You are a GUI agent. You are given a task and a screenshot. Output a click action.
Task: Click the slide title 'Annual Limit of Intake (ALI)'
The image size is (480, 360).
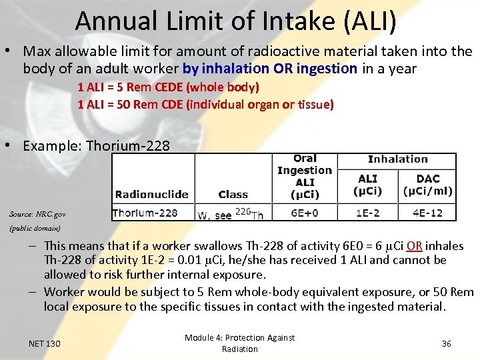click(236, 21)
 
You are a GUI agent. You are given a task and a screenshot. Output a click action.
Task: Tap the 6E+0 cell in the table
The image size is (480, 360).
click(305, 213)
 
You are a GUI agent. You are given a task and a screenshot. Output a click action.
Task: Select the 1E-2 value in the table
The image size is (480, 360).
click(368, 213)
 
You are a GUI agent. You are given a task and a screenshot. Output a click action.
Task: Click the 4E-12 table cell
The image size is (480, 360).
click(427, 213)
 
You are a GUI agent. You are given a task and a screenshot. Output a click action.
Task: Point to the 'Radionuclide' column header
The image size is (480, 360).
click(151, 194)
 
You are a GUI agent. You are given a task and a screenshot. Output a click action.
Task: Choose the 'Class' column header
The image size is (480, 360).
click(233, 194)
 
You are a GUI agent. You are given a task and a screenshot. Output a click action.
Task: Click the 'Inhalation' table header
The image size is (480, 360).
click(397, 159)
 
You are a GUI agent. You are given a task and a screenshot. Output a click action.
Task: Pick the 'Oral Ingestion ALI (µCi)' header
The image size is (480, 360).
click(305, 177)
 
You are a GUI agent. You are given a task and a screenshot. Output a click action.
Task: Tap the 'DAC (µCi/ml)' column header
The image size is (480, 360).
click(427, 185)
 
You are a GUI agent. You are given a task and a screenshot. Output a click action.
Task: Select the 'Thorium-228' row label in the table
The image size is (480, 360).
click(145, 213)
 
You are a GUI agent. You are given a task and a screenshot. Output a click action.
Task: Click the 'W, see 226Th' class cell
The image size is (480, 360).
click(231, 213)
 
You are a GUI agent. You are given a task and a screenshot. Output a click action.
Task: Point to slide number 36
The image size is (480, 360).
click(446, 343)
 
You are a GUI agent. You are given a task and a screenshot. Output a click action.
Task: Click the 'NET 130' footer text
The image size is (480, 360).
click(45, 343)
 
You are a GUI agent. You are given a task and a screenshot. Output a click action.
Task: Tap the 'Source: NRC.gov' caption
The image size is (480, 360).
click(37, 214)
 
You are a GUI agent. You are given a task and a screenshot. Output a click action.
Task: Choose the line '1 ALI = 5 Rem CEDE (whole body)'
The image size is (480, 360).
click(168, 87)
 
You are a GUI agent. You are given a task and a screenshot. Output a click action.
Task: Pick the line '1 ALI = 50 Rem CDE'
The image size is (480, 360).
click(205, 105)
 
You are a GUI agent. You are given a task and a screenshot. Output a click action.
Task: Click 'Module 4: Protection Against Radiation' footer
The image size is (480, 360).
click(239, 343)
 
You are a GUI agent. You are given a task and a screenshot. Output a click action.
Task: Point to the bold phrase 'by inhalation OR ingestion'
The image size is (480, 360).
click(270, 68)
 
